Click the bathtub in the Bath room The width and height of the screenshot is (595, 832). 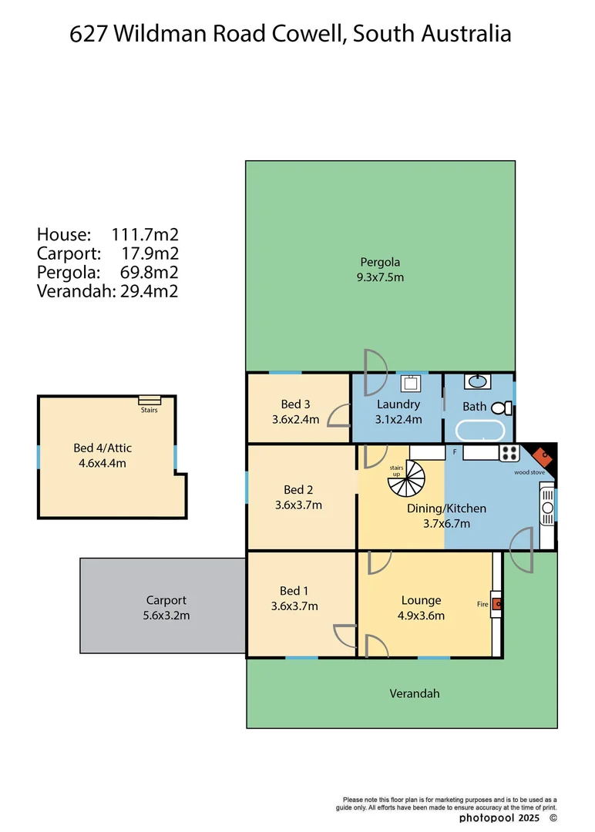pyautogui.click(x=479, y=431)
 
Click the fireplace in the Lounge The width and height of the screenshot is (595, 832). pyautogui.click(x=498, y=604)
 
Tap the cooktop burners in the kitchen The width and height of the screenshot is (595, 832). pyautogui.click(x=509, y=453)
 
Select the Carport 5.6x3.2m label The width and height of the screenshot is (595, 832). pyautogui.click(x=166, y=608)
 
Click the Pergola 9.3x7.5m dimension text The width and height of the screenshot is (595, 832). pyautogui.click(x=380, y=277)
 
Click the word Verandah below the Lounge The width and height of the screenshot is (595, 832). pyautogui.click(x=414, y=693)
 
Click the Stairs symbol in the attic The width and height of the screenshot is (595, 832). pyautogui.click(x=150, y=400)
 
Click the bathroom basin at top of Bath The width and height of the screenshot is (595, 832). pyautogui.click(x=476, y=381)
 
